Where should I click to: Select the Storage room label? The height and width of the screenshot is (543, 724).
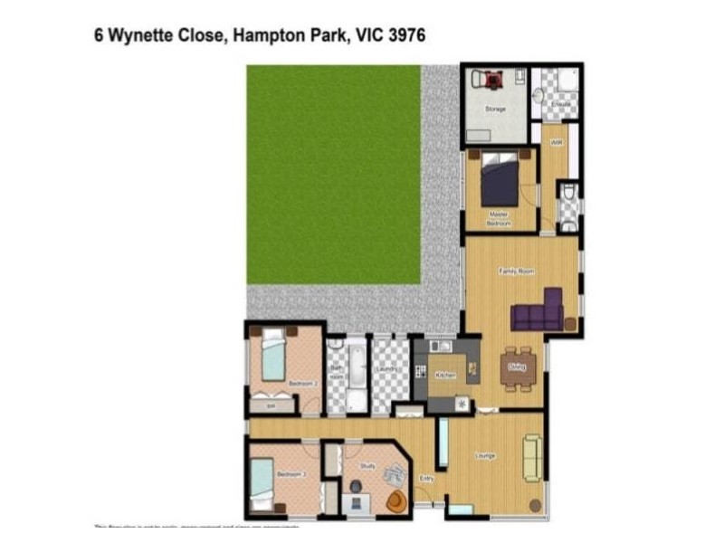[495, 109]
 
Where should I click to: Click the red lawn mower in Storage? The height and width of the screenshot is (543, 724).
[492, 81]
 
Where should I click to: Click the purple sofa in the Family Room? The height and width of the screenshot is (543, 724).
[538, 312]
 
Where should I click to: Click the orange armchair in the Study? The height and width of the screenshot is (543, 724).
[396, 500]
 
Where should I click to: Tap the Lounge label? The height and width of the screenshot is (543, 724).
[486, 455]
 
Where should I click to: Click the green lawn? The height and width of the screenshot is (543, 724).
[333, 172]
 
